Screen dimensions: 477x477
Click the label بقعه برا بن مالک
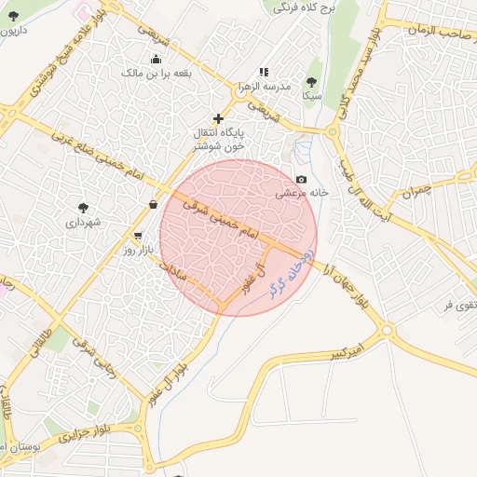tap(177, 71)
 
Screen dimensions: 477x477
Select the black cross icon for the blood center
tap(218, 118)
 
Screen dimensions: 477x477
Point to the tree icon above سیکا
tap(311, 82)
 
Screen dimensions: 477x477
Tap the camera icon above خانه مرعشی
tap(301, 179)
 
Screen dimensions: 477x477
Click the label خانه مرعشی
tap(299, 193)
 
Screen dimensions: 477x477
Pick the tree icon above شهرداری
tap(86, 207)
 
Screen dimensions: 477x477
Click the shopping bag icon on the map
tap(153, 204)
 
